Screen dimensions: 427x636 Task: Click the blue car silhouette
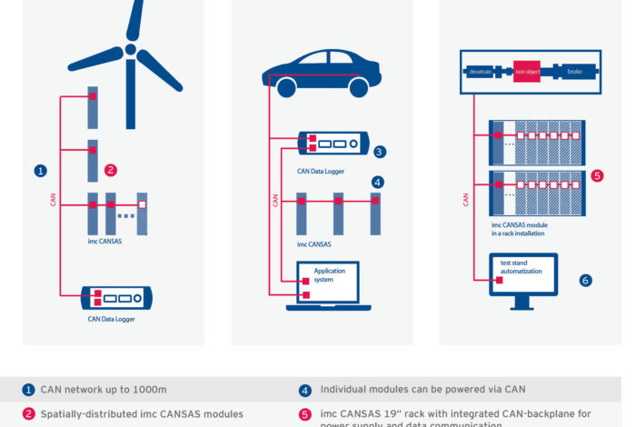(323, 73)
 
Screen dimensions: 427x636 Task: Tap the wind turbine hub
(131, 49)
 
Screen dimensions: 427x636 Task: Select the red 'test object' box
(527, 69)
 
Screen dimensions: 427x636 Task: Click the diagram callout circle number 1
(40, 170)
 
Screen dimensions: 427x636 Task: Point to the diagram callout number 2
(111, 170)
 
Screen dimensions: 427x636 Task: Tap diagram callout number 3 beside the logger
(379, 152)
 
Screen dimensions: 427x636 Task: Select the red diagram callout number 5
(597, 175)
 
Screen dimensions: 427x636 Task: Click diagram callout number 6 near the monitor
(585, 281)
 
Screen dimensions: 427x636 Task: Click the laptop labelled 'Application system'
(329, 283)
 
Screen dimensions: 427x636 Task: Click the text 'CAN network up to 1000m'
(104, 390)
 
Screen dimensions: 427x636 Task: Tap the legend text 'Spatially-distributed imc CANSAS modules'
(142, 413)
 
